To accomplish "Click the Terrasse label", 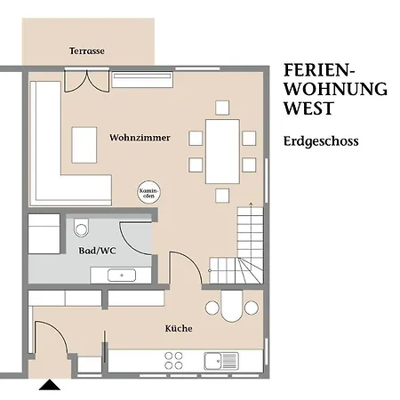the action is click(87, 51).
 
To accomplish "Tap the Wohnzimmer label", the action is click(140, 138).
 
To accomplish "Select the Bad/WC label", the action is click(97, 251).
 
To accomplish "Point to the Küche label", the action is click(179, 328).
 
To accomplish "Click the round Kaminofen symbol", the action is click(149, 192).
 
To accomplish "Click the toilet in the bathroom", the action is click(81, 228).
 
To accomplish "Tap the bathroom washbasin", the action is click(122, 276).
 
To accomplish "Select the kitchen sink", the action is click(221, 361).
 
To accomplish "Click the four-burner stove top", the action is click(173, 361).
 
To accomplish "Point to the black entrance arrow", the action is click(50, 385).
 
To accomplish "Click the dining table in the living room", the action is click(222, 151).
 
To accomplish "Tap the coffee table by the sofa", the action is click(84, 145).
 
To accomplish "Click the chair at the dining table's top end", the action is click(222, 108).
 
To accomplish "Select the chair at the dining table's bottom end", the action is click(222, 196).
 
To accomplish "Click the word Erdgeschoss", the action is click(321, 141).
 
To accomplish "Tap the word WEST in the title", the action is click(308, 108).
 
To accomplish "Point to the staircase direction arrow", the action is click(251, 234).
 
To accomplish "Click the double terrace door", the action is click(87, 81).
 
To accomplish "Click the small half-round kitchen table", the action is click(232, 306).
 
